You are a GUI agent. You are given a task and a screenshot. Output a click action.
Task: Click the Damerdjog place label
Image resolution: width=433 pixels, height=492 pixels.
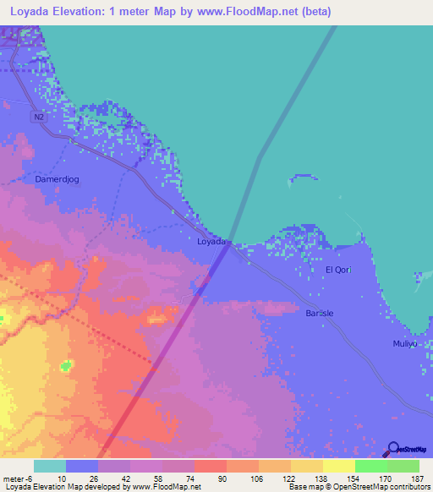tap(56, 179)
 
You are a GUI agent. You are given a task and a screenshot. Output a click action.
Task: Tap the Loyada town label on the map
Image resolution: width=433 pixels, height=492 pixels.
tap(211, 242)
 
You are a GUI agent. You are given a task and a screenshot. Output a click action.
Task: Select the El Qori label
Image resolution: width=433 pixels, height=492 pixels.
tap(338, 270)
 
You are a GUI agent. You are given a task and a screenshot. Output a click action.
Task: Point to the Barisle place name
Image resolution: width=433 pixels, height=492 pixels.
tap(319, 313)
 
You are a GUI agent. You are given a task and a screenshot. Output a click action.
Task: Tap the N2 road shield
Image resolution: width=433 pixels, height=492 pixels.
tap(38, 118)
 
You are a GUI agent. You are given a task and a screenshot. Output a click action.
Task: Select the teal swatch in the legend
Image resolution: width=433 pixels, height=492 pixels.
tap(49, 466)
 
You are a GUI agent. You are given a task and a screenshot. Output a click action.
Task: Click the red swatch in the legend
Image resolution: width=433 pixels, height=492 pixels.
tap(211, 466)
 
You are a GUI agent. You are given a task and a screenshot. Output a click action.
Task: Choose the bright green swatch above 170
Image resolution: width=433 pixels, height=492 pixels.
tap(370, 466)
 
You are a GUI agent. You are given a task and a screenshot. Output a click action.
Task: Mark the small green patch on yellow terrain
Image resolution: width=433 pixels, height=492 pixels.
tap(66, 366)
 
